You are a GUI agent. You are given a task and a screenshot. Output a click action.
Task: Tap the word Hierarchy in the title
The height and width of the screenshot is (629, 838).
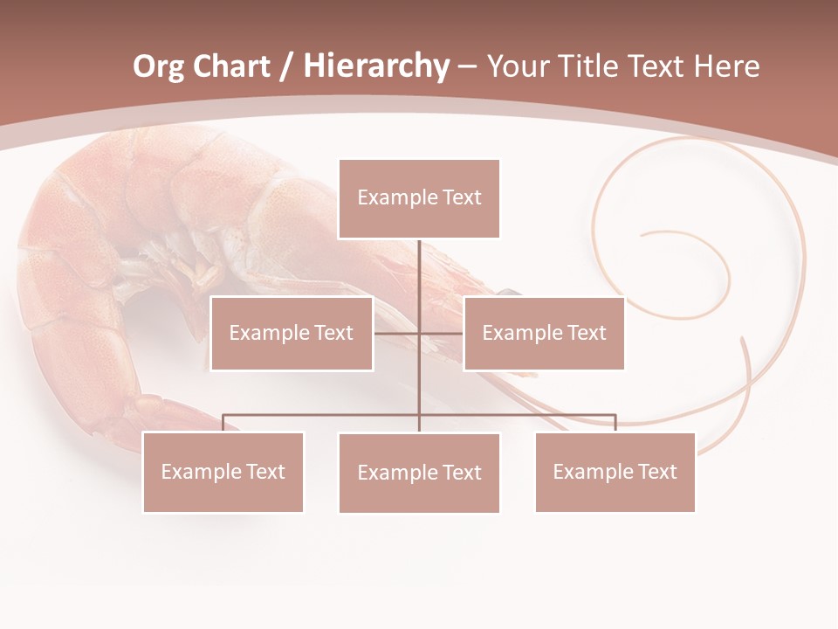(x=376, y=66)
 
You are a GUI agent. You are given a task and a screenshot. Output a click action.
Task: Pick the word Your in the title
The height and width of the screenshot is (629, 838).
(x=518, y=66)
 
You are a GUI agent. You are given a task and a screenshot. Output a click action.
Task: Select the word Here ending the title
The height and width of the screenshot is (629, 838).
(x=726, y=66)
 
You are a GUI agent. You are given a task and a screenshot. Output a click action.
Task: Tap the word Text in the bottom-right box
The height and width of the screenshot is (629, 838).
(x=656, y=472)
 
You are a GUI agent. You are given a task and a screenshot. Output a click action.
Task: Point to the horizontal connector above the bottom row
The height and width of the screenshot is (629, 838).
(x=323, y=415)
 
